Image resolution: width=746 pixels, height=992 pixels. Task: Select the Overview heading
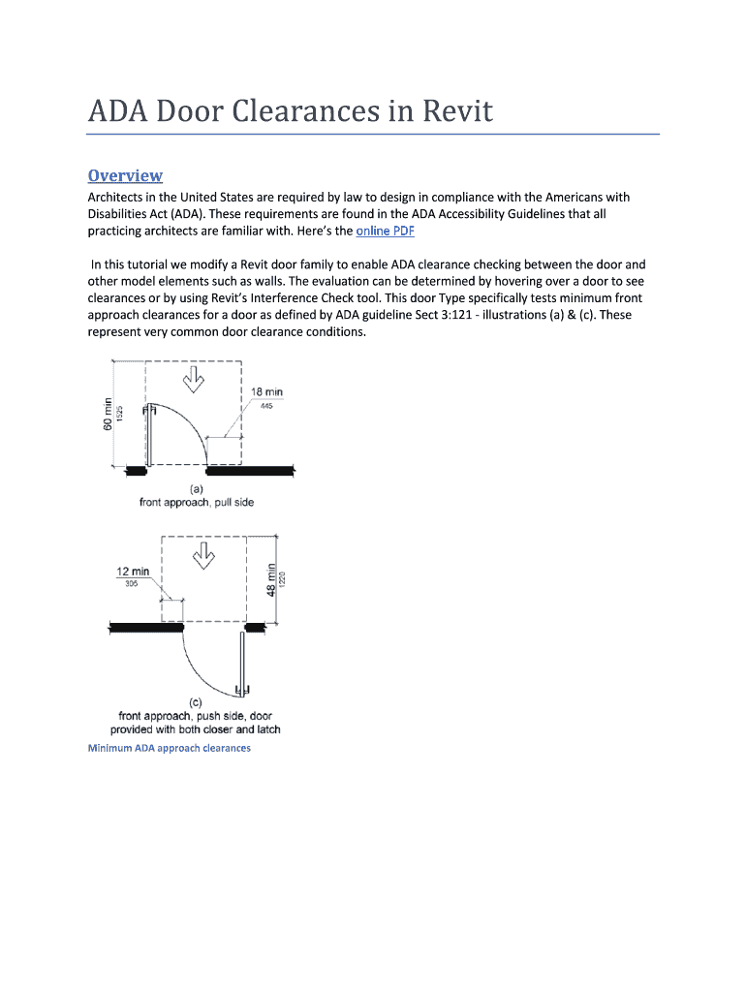click(125, 175)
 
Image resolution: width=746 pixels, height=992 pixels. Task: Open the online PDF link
click(386, 232)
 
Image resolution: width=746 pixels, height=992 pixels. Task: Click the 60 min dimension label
click(109, 416)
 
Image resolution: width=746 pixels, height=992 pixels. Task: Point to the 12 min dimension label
click(133, 572)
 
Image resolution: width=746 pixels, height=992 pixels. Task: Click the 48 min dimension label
click(272, 580)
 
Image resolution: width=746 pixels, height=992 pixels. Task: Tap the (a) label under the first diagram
click(195, 489)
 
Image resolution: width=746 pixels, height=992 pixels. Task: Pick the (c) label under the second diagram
click(195, 702)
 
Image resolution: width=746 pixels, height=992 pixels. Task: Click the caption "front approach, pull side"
click(195, 503)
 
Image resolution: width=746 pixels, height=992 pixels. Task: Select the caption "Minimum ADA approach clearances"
click(170, 748)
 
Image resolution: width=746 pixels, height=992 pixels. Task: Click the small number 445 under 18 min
click(266, 406)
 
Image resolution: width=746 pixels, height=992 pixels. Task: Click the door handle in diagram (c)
click(243, 690)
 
